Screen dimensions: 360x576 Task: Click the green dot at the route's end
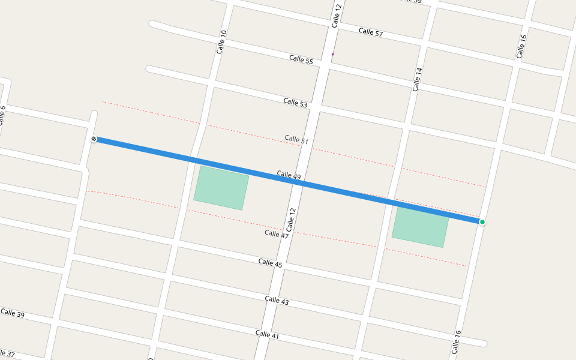(482, 222)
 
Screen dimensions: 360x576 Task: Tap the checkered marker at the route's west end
(94, 139)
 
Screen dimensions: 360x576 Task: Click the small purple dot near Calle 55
(332, 54)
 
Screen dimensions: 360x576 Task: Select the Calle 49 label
(289, 175)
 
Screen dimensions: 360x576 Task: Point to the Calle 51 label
(296, 140)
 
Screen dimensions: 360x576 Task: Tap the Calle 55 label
(301, 60)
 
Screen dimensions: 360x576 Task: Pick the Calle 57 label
(370, 32)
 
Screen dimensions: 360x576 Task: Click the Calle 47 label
(276, 234)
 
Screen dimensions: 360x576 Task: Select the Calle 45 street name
(270, 262)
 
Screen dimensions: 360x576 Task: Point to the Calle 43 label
(277, 300)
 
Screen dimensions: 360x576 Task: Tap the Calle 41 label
(267, 335)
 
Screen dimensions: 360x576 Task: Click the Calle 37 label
(7, 355)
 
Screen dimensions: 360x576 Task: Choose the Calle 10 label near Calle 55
(222, 42)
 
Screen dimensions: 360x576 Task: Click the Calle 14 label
(417, 79)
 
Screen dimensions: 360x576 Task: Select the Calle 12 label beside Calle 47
(292, 220)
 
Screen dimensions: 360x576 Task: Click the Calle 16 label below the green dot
(457, 342)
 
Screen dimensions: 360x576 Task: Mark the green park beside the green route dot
(420, 227)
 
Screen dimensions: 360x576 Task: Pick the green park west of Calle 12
(221, 188)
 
